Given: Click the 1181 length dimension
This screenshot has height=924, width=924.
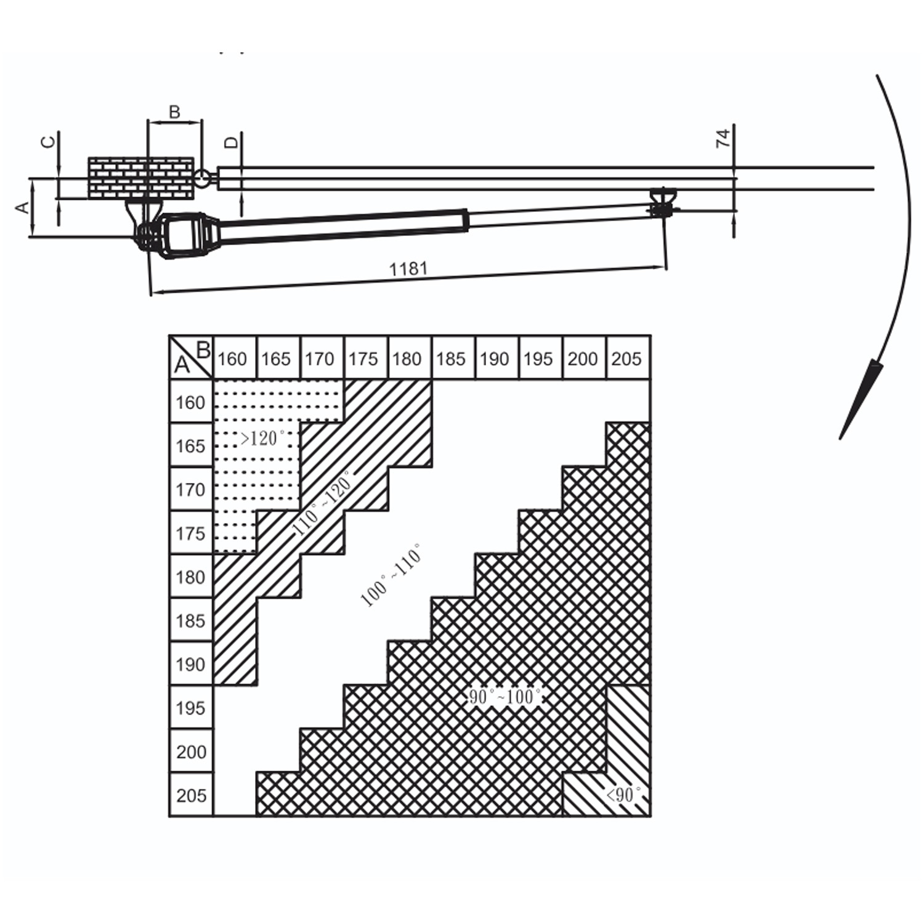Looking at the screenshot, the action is tap(408, 269).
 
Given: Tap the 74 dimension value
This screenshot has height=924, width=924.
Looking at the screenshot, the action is tap(723, 137).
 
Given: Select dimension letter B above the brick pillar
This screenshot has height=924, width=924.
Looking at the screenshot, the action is tap(174, 112).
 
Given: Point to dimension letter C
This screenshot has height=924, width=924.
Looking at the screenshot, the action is tap(47, 142).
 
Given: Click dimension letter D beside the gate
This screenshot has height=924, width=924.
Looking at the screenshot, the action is tap(231, 142).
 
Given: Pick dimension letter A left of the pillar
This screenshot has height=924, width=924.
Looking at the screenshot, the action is tap(22, 207).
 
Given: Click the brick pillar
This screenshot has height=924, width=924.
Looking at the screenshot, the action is tap(140, 178).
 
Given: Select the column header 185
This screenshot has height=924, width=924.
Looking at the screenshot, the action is tap(450, 359).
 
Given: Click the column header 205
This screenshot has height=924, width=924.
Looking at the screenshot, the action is tap(626, 359).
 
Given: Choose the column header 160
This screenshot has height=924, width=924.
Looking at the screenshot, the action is tap(232, 359).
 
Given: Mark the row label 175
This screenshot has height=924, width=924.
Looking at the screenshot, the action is tap(190, 533).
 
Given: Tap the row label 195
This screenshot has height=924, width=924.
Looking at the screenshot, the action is tap(190, 708).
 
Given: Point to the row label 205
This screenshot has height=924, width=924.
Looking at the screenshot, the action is tap(191, 796).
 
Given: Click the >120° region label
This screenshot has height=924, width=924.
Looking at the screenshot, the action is tap(262, 438).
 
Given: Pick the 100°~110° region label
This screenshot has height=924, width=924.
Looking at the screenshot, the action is tap(391, 575).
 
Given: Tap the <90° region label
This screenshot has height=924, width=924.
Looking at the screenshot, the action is tap(623, 795).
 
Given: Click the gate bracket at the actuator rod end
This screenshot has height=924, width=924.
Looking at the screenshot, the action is tap(663, 202).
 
